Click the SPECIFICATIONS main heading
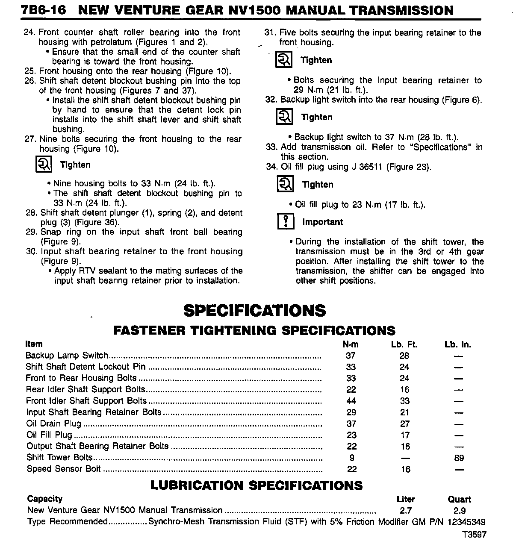254,311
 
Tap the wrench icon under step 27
44,165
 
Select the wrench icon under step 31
284,60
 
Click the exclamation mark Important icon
286,222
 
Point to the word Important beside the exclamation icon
322,222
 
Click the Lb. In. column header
458,344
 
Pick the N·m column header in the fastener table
351,344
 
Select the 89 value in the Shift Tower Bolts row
459,458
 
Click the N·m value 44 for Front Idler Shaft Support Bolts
351,401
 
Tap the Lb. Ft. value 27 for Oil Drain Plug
404,424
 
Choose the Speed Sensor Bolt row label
64,469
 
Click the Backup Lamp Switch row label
67,356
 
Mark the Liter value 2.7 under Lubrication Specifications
405,511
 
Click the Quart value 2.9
460,511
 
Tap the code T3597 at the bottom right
474,535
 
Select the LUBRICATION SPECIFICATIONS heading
256,485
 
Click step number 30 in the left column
32,251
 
